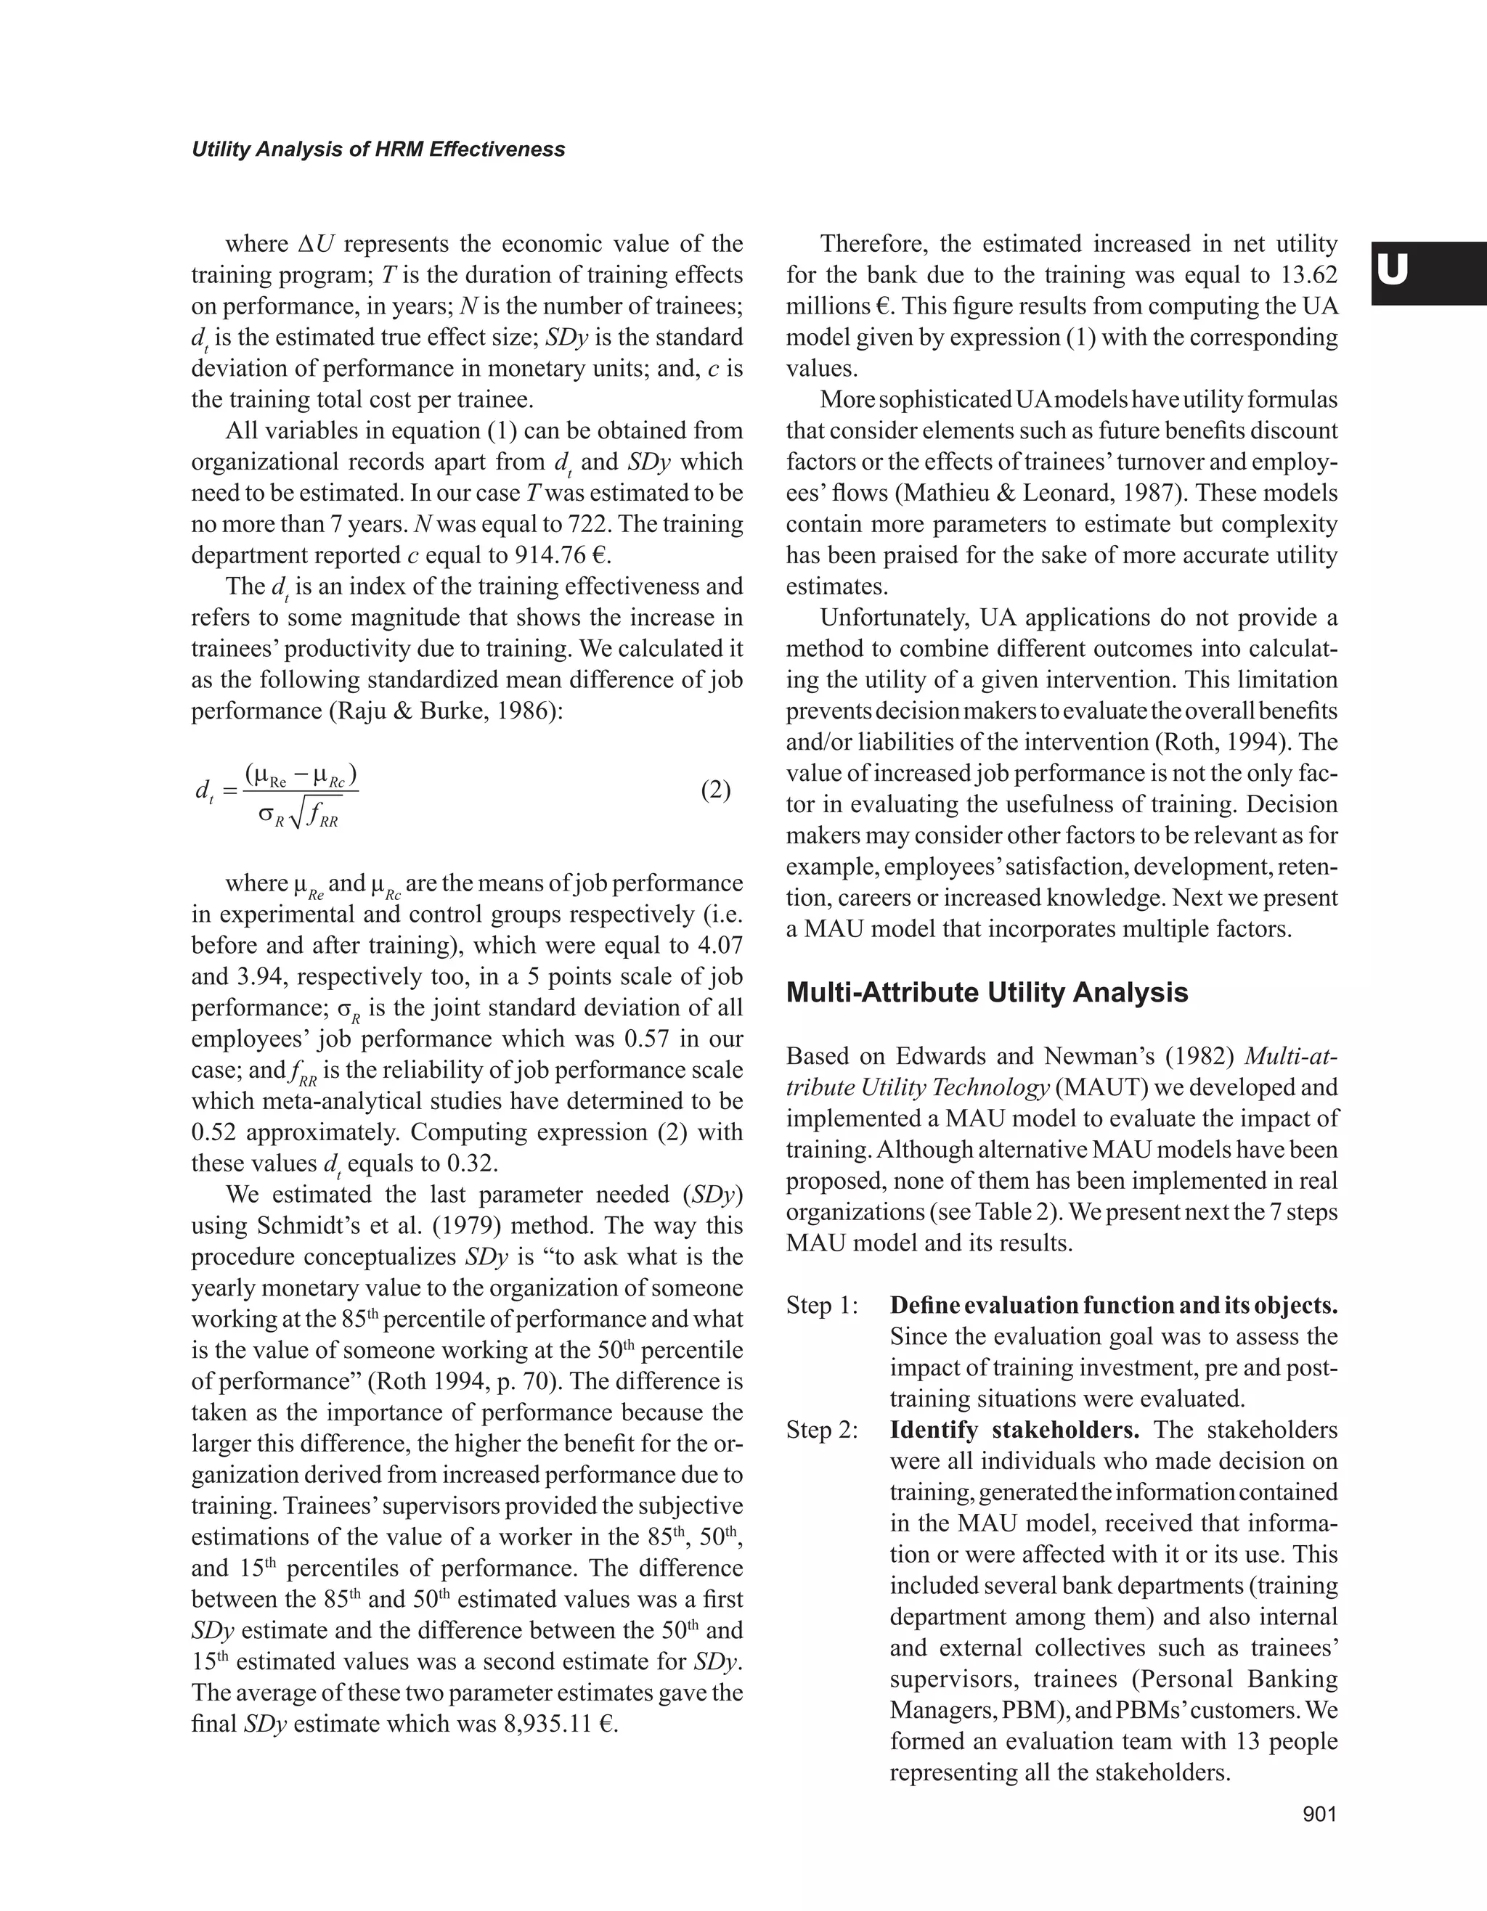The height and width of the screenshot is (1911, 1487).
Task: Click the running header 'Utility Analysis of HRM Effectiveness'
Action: coord(378,150)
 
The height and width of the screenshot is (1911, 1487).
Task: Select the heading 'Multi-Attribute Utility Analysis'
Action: coord(987,992)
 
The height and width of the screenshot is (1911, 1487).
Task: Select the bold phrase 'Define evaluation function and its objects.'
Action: coord(1113,1306)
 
